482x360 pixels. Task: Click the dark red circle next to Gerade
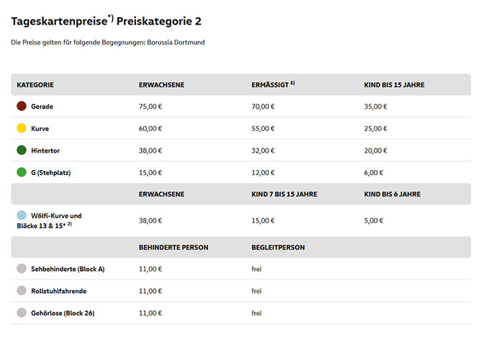coord(22,107)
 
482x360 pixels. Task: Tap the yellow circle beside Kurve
coord(22,128)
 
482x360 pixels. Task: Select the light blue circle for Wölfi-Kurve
coord(22,215)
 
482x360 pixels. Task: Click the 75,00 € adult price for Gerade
coord(150,107)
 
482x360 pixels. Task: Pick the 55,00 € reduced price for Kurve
coord(263,128)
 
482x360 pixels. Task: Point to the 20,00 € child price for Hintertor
coord(376,150)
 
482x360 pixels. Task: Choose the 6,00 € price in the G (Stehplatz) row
coord(374,172)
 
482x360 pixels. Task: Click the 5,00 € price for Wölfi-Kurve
coord(374,220)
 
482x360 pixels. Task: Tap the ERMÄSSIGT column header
coord(272,84)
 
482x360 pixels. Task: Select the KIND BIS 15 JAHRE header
coord(394,84)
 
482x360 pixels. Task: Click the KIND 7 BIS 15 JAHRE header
coord(284,194)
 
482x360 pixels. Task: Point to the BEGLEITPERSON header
coord(278,247)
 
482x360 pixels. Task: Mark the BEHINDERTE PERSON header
coord(173,247)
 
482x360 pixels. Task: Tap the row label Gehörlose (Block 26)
coord(63,312)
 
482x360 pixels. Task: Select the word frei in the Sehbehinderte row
coord(257,269)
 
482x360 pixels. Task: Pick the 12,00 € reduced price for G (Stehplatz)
coord(263,172)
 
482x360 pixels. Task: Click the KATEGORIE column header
coord(35,84)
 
